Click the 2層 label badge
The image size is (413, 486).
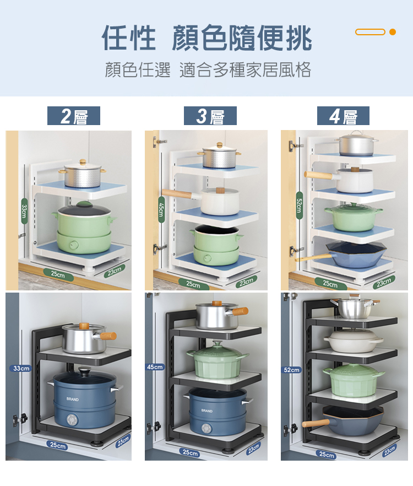click(x=73, y=116)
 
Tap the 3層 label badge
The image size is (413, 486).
click(x=210, y=116)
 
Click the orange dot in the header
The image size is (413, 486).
click(x=393, y=32)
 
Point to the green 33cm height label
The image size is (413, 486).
click(x=24, y=210)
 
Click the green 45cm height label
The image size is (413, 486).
click(x=161, y=211)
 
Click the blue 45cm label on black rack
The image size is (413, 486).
click(x=155, y=366)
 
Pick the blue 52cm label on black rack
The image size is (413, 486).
click(x=292, y=370)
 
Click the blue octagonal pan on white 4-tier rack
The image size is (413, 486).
click(x=357, y=255)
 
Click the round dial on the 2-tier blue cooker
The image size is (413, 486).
click(x=73, y=420)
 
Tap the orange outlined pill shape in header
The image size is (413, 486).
click(x=370, y=32)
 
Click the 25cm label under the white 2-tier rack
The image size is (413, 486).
click(x=58, y=274)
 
